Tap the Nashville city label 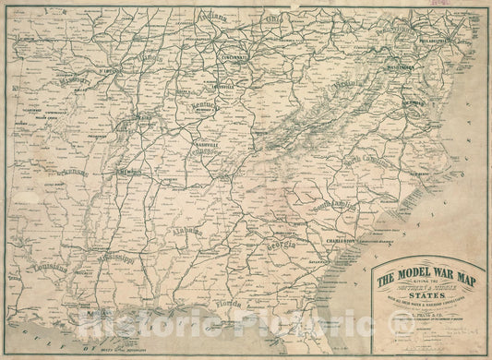tap(206, 145)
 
